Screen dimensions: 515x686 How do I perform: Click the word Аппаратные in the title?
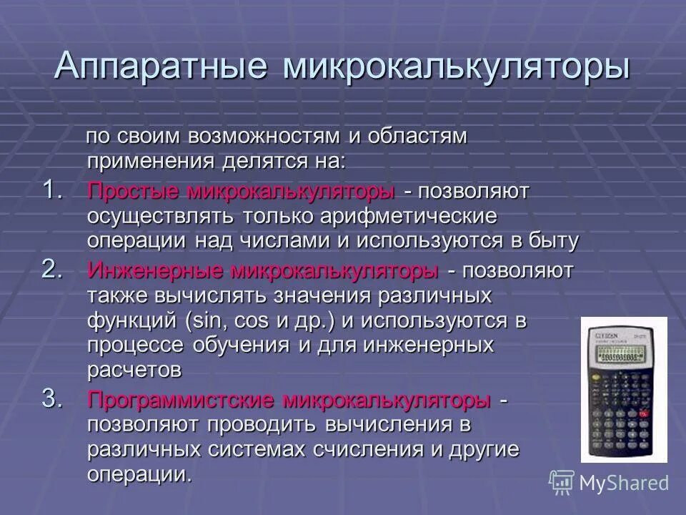click(161, 67)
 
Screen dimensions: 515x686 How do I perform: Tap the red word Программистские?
click(183, 400)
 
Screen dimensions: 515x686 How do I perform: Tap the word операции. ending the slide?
click(140, 475)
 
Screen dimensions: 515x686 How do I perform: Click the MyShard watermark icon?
click(560, 481)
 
